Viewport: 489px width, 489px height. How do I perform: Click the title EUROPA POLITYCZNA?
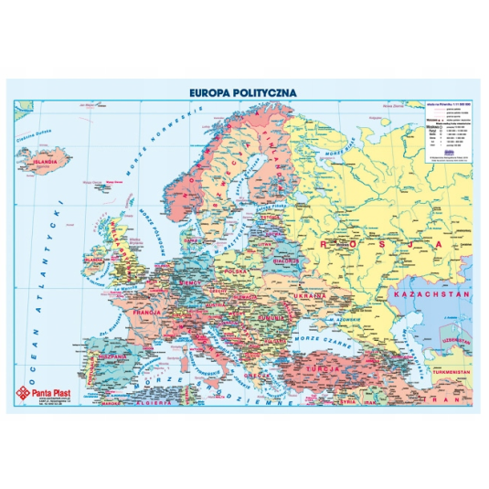pos(244,91)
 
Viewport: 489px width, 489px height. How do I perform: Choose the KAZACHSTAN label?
pos(430,295)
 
